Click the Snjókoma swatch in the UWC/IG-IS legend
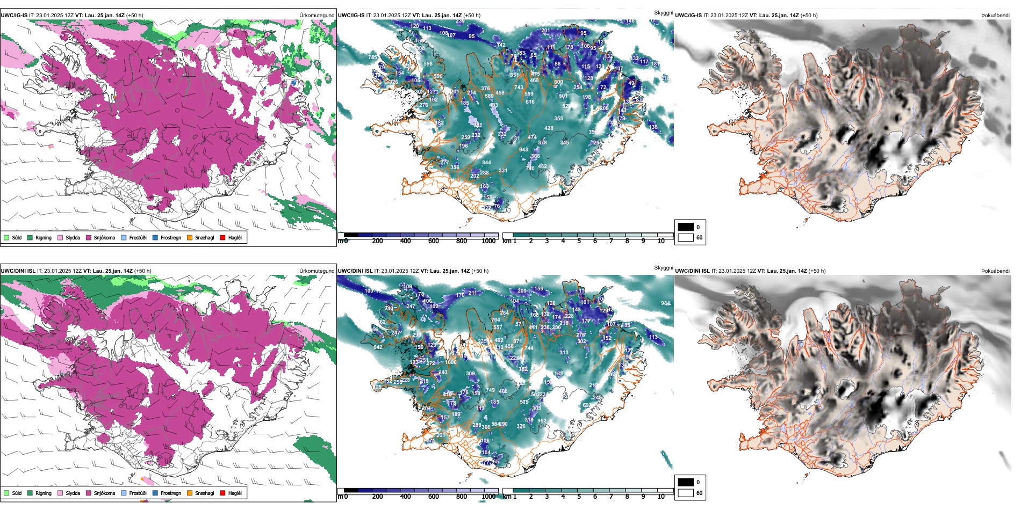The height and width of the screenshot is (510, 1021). pos(89,237)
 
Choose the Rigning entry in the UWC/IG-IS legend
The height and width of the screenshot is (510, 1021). pos(43,237)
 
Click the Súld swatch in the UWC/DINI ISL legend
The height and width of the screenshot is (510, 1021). pos(6,493)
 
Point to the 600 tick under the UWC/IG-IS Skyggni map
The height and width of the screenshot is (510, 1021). pos(434,241)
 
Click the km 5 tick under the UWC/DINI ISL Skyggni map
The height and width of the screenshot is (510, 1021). pos(579,497)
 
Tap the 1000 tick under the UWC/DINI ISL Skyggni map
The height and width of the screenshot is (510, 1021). pos(488,497)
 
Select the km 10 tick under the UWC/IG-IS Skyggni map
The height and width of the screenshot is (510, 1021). pos(661,241)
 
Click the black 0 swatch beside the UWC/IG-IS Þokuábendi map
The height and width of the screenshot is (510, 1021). pos(686,227)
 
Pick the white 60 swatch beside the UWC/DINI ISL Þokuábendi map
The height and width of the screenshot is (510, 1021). pos(686,493)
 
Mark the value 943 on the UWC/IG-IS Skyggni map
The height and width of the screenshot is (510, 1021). pos(523,150)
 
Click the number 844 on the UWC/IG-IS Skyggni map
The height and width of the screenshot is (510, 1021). pos(486,162)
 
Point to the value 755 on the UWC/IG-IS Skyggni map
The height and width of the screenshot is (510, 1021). pos(372,57)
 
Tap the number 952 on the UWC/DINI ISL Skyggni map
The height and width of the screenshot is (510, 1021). pos(542,421)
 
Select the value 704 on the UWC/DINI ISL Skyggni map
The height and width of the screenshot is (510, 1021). pos(495,320)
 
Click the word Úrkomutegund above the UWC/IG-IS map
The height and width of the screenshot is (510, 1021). pos(317,16)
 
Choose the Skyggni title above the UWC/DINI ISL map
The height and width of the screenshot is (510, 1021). pos(663,267)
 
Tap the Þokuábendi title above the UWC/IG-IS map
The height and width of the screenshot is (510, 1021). pos(995,16)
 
